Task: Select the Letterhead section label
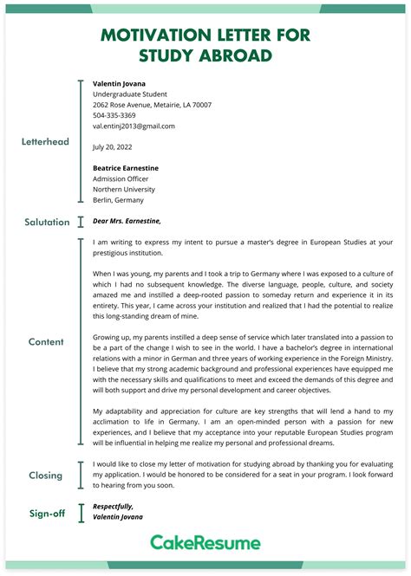coord(45,141)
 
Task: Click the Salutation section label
coord(47,222)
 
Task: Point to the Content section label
coord(46,341)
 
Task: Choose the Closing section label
coord(46,475)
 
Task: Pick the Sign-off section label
coord(46,513)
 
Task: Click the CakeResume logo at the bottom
coord(205,542)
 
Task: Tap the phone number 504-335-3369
coord(114,115)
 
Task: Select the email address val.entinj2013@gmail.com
coord(134,126)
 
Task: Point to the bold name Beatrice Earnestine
coord(126,168)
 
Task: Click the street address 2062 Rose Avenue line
coord(152,105)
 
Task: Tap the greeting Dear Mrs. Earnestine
coord(127,221)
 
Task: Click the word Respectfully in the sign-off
coord(113,506)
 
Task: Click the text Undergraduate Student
coord(129,94)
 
